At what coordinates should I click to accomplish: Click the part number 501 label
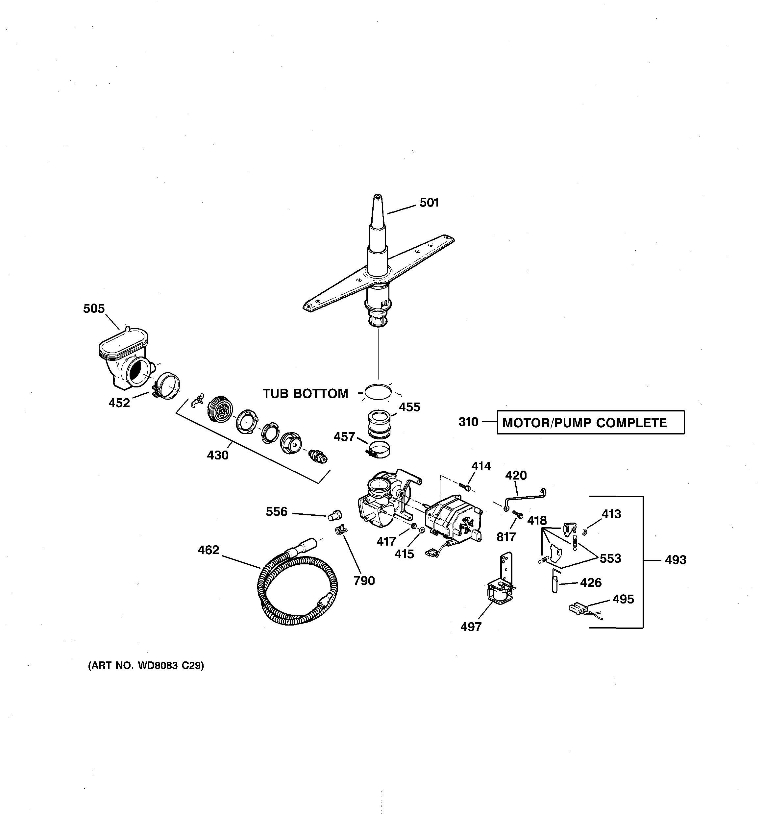tap(429, 203)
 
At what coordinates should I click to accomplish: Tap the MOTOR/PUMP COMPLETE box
tap(590, 422)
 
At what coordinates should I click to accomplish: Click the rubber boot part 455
tap(379, 424)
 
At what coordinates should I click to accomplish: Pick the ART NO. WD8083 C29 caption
tap(146, 666)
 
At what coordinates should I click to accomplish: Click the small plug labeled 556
tap(334, 515)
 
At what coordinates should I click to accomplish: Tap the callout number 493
tap(675, 560)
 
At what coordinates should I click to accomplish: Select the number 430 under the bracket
tap(217, 455)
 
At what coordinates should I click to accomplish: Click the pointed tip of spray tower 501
tap(377, 198)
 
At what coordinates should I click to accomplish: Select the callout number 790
tap(364, 580)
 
